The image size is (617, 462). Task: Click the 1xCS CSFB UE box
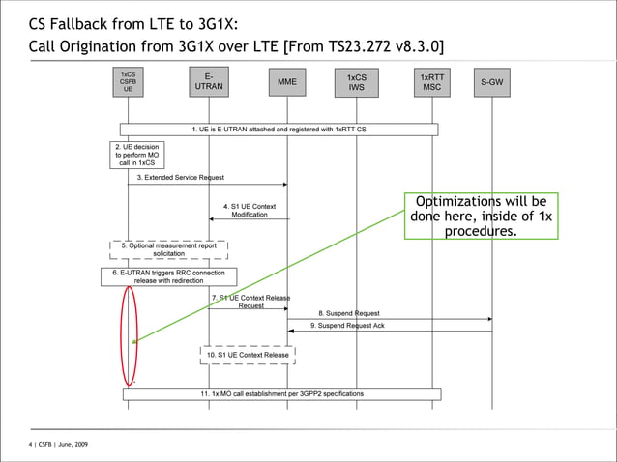[128, 81]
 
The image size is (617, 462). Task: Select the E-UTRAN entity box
[208, 81]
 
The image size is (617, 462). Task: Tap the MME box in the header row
[287, 82]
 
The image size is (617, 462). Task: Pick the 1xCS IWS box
[356, 82]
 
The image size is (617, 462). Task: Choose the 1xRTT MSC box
[431, 81]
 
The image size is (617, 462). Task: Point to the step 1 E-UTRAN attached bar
[279, 129]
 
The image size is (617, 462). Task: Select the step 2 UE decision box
[135, 155]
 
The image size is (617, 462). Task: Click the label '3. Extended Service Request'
[181, 178]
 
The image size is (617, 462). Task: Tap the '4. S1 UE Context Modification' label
[250, 210]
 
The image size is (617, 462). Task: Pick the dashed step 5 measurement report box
[168, 249]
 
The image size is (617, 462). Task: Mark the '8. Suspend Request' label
[349, 313]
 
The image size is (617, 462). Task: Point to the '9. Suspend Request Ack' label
[347, 327]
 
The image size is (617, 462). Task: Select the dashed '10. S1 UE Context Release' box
[247, 355]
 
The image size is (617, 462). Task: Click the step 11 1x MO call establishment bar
[281, 394]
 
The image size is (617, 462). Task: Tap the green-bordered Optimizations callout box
[481, 216]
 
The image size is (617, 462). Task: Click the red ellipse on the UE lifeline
[129, 334]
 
